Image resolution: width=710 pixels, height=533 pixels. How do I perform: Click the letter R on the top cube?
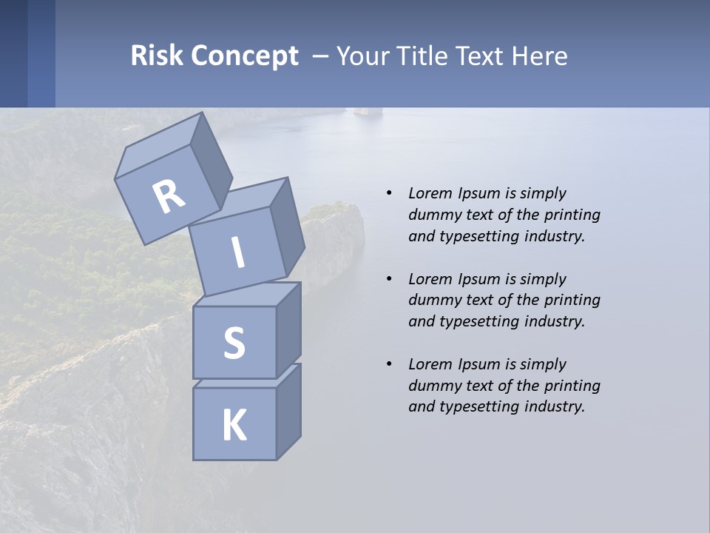(169, 197)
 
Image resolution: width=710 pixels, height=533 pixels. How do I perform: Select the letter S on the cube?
(234, 343)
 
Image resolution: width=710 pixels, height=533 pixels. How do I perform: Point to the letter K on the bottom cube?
(234, 426)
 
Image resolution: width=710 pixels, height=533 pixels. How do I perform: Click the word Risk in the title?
(156, 56)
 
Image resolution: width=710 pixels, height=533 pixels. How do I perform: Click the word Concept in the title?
(244, 56)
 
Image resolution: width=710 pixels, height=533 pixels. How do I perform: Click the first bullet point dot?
(389, 193)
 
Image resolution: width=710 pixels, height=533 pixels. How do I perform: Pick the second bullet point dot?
(389, 279)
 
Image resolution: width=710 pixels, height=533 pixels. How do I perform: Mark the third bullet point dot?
(389, 364)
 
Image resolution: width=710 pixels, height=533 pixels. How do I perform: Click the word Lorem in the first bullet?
(428, 193)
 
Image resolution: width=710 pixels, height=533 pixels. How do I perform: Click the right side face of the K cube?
(288, 413)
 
